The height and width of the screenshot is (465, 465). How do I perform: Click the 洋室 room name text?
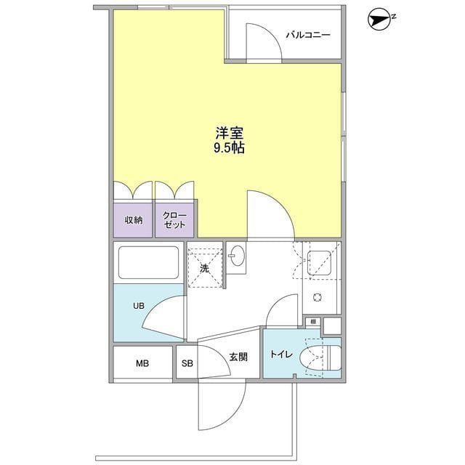229,134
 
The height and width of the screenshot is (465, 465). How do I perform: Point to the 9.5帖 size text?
229,150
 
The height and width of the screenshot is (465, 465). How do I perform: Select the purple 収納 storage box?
133,219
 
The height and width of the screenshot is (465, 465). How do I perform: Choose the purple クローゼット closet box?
174,219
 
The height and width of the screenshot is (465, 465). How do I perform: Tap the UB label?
138,306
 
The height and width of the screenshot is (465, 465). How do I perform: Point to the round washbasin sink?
237,256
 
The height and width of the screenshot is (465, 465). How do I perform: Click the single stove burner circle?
318,297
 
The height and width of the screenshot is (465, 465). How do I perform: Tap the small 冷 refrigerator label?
312,320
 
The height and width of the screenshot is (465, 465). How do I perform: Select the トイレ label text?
280,355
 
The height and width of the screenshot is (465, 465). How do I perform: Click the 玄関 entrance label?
239,357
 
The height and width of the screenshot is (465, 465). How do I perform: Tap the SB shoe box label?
187,363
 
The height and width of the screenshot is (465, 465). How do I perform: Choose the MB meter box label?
142,363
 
